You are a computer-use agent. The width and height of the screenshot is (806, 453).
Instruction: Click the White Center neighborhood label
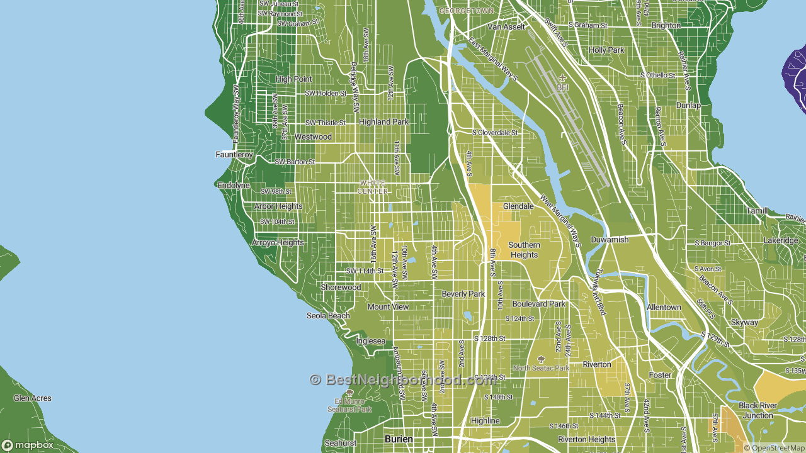(x=372, y=187)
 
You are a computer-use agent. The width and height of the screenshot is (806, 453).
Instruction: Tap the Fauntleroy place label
(x=234, y=154)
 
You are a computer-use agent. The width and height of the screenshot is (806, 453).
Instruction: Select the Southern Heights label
(x=524, y=250)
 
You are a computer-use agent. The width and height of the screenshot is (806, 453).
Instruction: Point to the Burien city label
(x=399, y=439)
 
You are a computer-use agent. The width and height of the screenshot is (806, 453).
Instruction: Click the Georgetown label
(x=467, y=11)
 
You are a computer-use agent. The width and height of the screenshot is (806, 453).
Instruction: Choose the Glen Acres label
(x=33, y=398)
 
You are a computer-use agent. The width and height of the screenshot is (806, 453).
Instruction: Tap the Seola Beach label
(x=328, y=316)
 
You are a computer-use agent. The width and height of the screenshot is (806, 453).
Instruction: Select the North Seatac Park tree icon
(x=540, y=359)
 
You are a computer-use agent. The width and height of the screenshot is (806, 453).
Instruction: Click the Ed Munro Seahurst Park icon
(x=349, y=393)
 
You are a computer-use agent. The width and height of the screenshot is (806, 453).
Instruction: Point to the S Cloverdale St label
(x=495, y=133)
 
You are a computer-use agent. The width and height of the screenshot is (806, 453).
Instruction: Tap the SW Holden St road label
(x=326, y=93)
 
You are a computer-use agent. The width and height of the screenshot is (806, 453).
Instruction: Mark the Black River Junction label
(x=757, y=410)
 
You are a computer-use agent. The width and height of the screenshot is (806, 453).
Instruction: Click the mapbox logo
(x=28, y=445)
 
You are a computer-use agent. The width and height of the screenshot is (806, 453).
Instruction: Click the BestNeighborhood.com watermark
(x=403, y=380)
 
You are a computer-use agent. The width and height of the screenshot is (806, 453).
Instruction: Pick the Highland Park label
(x=383, y=122)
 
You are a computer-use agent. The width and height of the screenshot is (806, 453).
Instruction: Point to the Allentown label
(x=664, y=307)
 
